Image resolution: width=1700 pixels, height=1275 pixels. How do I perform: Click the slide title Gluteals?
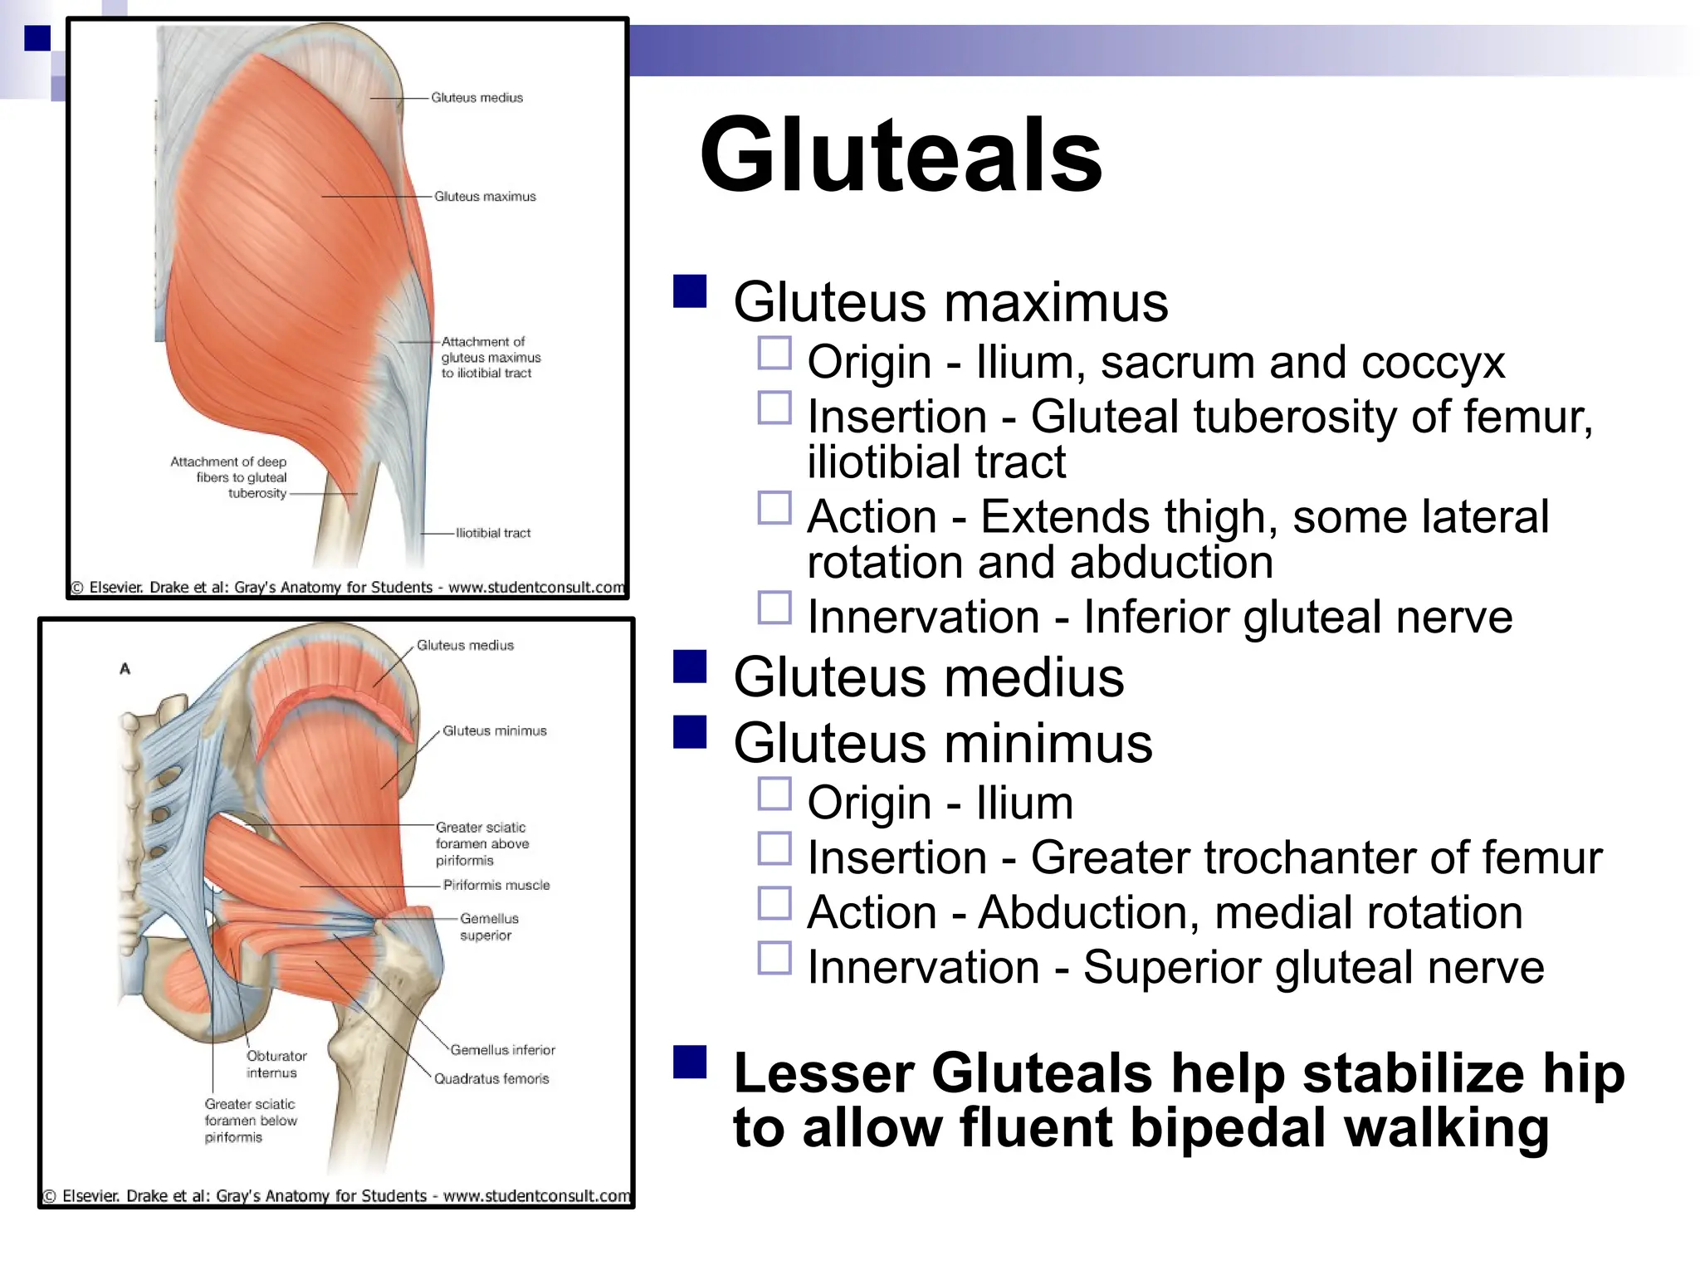901,155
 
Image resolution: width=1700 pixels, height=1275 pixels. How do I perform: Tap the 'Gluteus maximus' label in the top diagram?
485,197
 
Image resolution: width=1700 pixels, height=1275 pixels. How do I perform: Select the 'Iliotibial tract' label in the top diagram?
493,533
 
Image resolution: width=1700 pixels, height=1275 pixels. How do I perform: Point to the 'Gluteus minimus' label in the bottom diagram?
495,731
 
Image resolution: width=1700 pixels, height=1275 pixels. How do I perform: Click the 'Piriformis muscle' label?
496,885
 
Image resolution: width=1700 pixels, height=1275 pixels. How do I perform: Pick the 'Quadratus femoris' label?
491,1079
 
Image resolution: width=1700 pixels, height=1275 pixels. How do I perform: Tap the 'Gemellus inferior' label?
503,1050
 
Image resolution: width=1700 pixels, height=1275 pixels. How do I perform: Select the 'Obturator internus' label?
276,1064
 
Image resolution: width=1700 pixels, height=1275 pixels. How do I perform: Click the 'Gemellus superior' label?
488,927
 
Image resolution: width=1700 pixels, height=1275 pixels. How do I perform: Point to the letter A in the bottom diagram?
125,669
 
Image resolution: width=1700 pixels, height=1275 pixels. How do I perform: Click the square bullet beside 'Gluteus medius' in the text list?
690,667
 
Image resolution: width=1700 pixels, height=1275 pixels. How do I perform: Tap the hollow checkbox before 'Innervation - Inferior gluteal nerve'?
774,608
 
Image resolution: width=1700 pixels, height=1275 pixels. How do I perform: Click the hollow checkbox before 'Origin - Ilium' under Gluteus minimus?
774,794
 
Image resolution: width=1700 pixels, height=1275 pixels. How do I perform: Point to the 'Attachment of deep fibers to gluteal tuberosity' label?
229,477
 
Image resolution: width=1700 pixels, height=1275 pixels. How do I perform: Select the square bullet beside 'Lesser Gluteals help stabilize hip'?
690,1062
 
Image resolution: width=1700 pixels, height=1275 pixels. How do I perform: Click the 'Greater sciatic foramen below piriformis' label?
250,1121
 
